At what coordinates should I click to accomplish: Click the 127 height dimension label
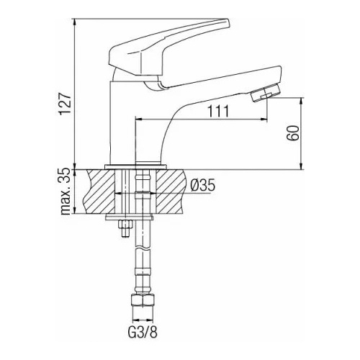coord(65,104)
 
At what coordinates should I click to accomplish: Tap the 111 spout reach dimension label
coord(218,111)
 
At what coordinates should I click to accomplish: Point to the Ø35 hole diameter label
coord(203,185)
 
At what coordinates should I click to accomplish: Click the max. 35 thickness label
coord(66,192)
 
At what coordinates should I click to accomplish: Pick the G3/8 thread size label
coord(143,332)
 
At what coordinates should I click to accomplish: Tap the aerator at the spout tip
coord(266,93)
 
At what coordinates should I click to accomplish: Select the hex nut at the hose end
coord(143,300)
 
